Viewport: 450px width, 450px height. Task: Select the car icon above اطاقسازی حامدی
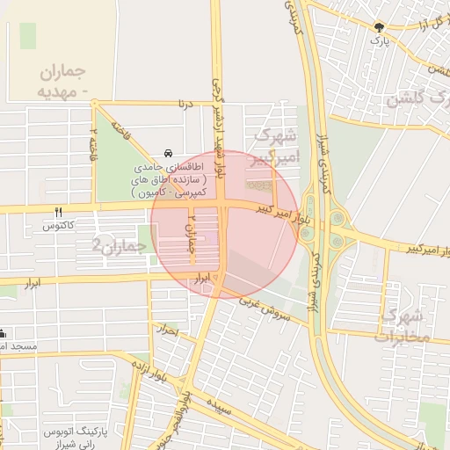point(168,152)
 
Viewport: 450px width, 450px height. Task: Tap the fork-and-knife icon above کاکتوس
point(59,212)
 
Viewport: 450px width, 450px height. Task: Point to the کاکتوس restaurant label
point(59,226)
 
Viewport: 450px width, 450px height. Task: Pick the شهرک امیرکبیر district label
point(276,145)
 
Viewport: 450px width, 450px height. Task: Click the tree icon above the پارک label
point(379,27)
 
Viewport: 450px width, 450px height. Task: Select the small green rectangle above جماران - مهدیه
point(28,36)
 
